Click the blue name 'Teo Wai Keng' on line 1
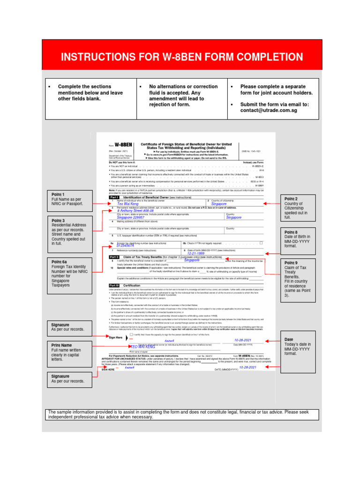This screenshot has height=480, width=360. pos(128,204)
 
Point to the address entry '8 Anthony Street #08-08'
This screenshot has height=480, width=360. pos(135,211)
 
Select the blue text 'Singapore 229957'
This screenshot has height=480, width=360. pos(131,217)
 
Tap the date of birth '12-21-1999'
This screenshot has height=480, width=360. pos(195,253)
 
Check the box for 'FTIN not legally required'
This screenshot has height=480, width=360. pos(261,243)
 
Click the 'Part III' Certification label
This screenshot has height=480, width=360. pos(114,285)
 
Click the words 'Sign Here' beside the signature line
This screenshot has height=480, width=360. pos(115,337)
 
